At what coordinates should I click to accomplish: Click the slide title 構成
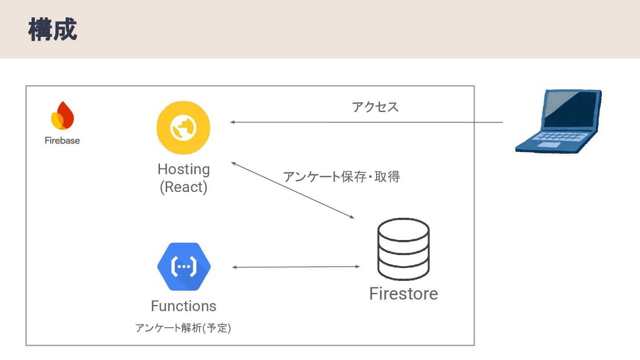point(53,30)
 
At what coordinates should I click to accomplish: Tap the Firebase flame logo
point(62,116)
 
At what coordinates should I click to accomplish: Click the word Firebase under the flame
point(62,140)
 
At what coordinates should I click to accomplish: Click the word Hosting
point(184,169)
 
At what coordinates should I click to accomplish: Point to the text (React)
point(184,187)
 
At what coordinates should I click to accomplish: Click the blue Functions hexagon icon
point(184,267)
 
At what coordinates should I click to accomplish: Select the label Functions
point(184,306)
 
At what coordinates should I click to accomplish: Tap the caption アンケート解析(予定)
point(183,328)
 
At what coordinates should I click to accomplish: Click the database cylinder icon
point(404,249)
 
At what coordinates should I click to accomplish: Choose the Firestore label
point(404,294)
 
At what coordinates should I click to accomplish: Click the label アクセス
point(376,107)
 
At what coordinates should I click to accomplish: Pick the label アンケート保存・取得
point(342,176)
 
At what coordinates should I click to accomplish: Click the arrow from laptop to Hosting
point(366,122)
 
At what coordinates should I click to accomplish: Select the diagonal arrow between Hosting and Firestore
point(292,190)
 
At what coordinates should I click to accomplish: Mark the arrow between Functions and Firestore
point(296,267)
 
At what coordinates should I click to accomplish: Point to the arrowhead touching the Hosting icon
point(232,122)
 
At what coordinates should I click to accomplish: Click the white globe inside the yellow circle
point(183,128)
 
